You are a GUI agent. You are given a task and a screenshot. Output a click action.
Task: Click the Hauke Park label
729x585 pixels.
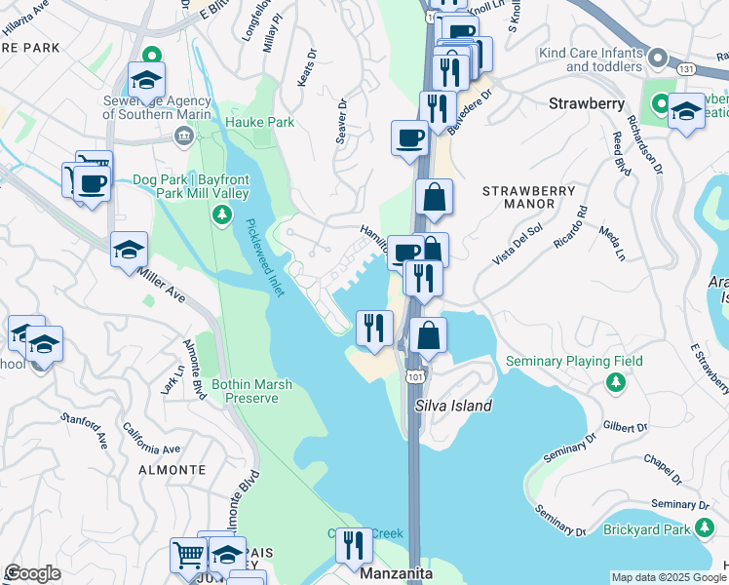259,122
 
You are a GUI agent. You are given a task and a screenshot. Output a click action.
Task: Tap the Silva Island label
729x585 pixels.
453,406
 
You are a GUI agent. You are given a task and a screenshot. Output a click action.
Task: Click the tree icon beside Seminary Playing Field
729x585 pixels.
614,383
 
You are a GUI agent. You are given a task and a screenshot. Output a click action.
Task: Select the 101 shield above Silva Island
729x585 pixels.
415,374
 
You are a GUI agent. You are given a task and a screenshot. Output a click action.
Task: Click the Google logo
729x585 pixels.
32,573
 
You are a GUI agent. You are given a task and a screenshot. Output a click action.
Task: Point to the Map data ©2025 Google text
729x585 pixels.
669,577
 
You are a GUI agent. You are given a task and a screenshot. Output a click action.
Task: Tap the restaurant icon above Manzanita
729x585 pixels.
354,544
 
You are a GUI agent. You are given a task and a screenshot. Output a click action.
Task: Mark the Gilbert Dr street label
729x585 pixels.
625,427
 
